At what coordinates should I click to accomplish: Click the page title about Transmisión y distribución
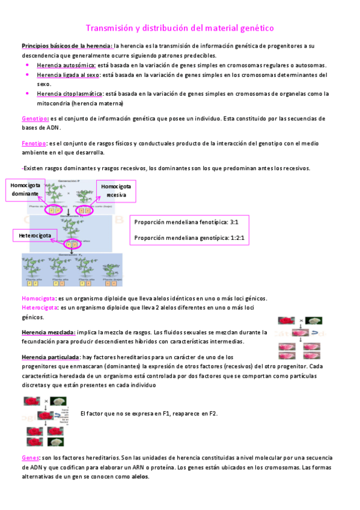pyautogui.click(x=180, y=28)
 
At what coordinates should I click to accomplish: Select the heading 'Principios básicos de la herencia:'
pyautogui.click(x=67, y=46)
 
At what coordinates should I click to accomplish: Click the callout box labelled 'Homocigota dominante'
pyautogui.click(x=25, y=190)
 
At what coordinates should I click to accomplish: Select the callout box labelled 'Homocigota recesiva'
pyautogui.click(x=116, y=191)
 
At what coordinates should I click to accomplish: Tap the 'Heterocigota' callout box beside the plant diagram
pyautogui.click(x=35, y=235)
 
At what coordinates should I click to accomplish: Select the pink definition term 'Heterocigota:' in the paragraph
pyautogui.click(x=40, y=307)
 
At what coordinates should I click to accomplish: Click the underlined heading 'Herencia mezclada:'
pyautogui.click(x=48, y=332)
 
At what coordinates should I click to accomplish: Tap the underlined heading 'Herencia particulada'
pyautogui.click(x=50, y=357)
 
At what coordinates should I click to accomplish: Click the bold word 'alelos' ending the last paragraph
pyautogui.click(x=139, y=476)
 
